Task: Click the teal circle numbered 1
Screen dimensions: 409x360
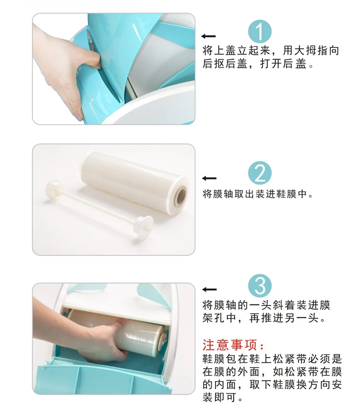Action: click(x=260, y=32)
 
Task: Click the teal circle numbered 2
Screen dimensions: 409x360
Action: click(x=260, y=173)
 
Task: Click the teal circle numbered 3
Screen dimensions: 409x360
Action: click(x=260, y=287)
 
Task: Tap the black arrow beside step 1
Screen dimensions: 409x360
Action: click(x=209, y=36)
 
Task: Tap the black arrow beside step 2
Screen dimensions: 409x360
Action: click(x=209, y=178)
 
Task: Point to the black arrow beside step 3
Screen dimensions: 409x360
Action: click(x=209, y=289)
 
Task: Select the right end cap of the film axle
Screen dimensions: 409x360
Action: click(x=143, y=222)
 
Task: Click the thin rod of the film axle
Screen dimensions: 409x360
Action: click(x=96, y=204)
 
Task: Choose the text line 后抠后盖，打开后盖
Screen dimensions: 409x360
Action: click(x=258, y=64)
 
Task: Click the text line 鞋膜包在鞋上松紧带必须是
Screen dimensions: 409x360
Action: click(x=272, y=359)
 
